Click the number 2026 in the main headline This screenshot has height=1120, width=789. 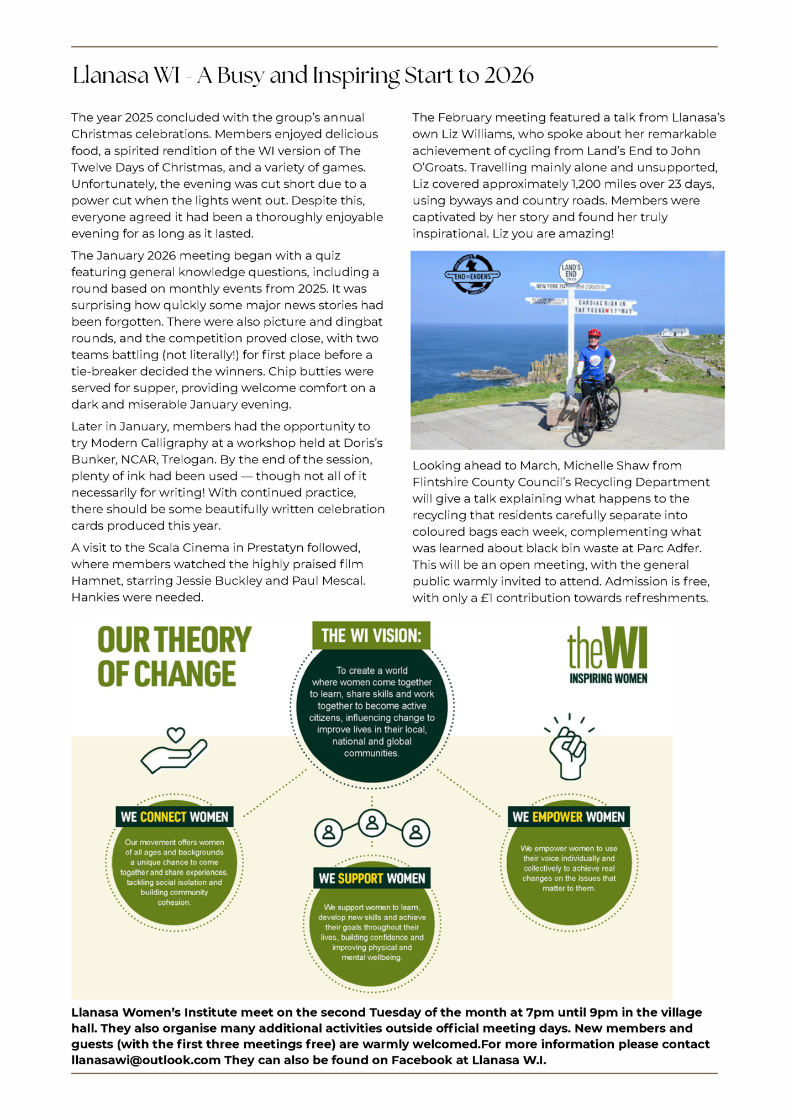tap(509, 75)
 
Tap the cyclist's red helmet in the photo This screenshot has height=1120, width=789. tap(594, 332)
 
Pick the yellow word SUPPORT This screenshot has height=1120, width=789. tap(360, 878)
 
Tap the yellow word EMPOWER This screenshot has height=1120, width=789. tap(557, 817)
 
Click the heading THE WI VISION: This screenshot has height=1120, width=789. tap(371, 636)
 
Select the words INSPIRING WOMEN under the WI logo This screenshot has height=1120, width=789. tap(608, 678)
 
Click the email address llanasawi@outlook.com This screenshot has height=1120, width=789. tap(146, 1060)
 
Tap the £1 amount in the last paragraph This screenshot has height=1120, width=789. tap(486, 598)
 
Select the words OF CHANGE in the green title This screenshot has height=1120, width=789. tap(166, 674)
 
